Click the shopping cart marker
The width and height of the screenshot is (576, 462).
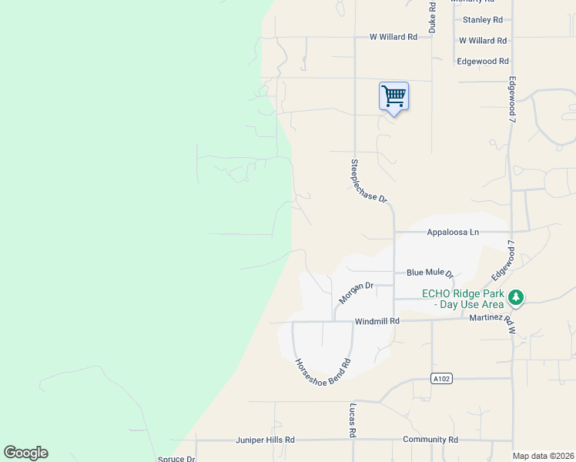click(393, 96)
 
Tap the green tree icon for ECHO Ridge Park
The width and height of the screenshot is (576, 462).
click(517, 297)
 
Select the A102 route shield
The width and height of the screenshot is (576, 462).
click(440, 378)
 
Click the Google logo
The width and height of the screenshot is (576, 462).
click(25, 453)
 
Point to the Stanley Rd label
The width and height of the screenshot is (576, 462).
click(482, 20)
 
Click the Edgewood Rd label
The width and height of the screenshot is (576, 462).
click(483, 61)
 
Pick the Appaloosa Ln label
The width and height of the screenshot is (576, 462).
click(453, 232)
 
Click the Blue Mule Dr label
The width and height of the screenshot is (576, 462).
click(430, 273)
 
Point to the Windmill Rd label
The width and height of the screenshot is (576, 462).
click(377, 321)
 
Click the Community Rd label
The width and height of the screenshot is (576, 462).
click(430, 440)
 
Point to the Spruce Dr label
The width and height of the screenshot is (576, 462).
click(177, 459)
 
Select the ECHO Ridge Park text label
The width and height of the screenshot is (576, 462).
click(462, 299)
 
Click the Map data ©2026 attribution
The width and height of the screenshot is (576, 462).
click(543, 456)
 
